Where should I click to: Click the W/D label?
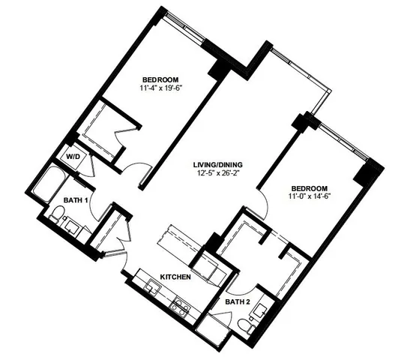(x=73, y=157)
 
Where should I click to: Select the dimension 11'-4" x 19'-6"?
(x=161, y=88)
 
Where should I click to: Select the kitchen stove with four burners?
(x=181, y=305)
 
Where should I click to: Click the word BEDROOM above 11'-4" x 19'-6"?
(x=161, y=78)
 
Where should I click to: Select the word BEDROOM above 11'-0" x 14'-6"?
(x=310, y=187)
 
